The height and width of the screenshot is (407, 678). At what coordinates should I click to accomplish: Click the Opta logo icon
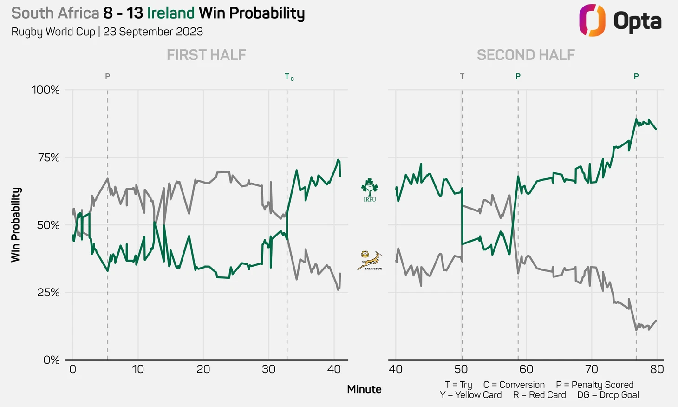pyautogui.click(x=592, y=20)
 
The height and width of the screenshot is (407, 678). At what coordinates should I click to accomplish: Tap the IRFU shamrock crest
pyautogui.click(x=370, y=189)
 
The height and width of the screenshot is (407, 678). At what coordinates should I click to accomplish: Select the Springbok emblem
pyautogui.click(x=370, y=260)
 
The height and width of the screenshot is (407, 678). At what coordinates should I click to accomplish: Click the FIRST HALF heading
pyautogui.click(x=206, y=55)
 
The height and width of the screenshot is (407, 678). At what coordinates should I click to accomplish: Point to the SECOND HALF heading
pyautogui.click(x=526, y=55)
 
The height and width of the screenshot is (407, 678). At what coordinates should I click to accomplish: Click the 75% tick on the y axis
pyautogui.click(x=49, y=158)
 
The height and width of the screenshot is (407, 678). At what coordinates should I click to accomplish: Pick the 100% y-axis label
pyautogui.click(x=46, y=90)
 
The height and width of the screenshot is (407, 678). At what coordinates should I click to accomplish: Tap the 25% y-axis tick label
pyautogui.click(x=49, y=293)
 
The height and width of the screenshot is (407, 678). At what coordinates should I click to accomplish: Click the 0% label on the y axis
pyautogui.click(x=52, y=360)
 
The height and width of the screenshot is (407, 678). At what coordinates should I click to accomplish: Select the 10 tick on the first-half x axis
pyautogui.click(x=138, y=369)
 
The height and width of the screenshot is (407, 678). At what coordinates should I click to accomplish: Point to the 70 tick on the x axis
pyautogui.click(x=591, y=369)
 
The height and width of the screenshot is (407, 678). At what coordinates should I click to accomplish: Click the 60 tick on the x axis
pyautogui.click(x=526, y=369)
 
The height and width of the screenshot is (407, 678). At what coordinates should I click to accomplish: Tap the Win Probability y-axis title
pyautogui.click(x=16, y=225)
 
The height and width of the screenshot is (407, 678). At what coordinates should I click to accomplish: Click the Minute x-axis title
pyautogui.click(x=364, y=389)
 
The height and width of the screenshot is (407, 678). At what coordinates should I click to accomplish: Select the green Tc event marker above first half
pyautogui.click(x=289, y=77)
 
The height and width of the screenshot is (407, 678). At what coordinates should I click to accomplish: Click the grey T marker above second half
pyautogui.click(x=462, y=76)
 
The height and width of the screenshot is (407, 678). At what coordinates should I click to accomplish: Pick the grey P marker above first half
pyautogui.click(x=107, y=76)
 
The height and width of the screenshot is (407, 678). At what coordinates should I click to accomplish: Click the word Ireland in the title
pyautogui.click(x=171, y=13)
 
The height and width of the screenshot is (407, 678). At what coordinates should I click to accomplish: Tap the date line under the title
pyautogui.click(x=107, y=32)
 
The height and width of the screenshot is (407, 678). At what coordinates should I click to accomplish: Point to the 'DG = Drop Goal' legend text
pyautogui.click(x=608, y=395)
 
